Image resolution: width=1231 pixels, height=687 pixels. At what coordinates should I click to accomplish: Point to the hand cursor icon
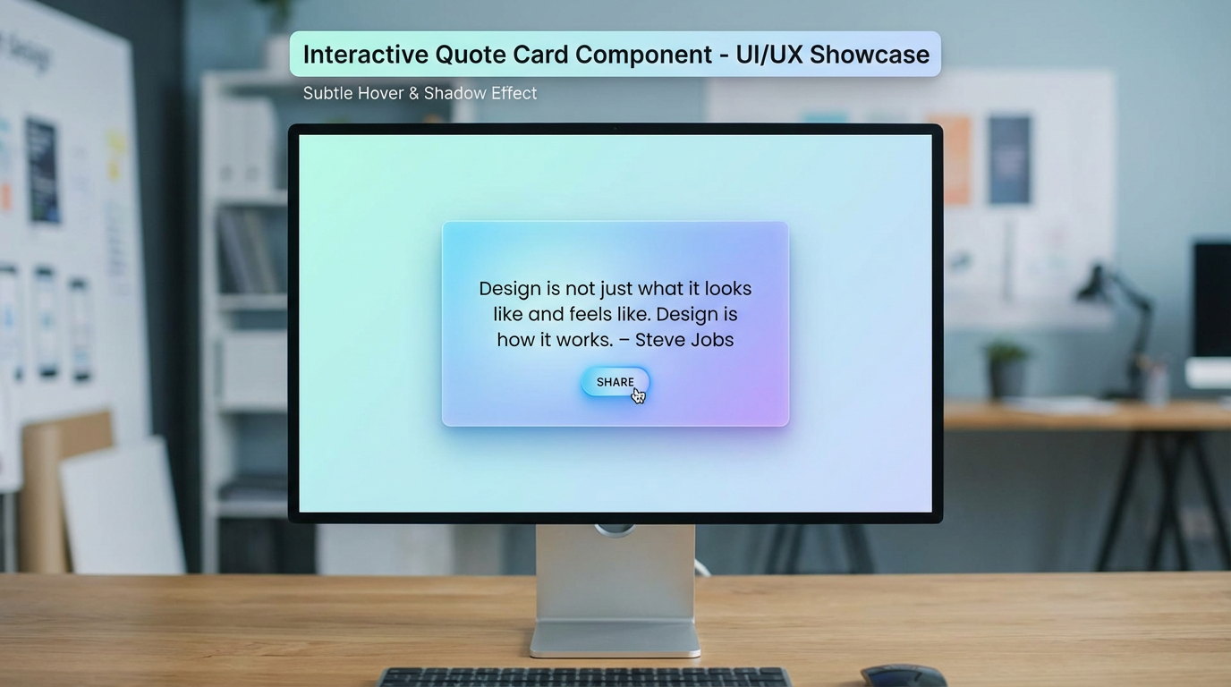(638, 395)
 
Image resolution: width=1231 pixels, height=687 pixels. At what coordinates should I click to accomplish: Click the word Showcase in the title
(869, 55)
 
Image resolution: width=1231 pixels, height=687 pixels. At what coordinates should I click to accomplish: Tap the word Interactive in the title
(366, 55)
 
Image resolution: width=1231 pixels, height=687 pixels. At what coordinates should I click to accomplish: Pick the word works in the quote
(584, 340)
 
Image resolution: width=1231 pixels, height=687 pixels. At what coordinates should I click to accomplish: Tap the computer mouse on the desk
(903, 676)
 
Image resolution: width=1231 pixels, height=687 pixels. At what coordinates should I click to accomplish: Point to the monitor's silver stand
(615, 590)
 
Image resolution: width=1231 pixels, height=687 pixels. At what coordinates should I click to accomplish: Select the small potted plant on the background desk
(1007, 368)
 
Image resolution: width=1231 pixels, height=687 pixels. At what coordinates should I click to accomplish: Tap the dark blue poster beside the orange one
(1009, 159)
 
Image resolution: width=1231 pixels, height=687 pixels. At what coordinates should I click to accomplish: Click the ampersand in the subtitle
(413, 93)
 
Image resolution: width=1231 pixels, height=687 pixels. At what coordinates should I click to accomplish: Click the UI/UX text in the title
(768, 55)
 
